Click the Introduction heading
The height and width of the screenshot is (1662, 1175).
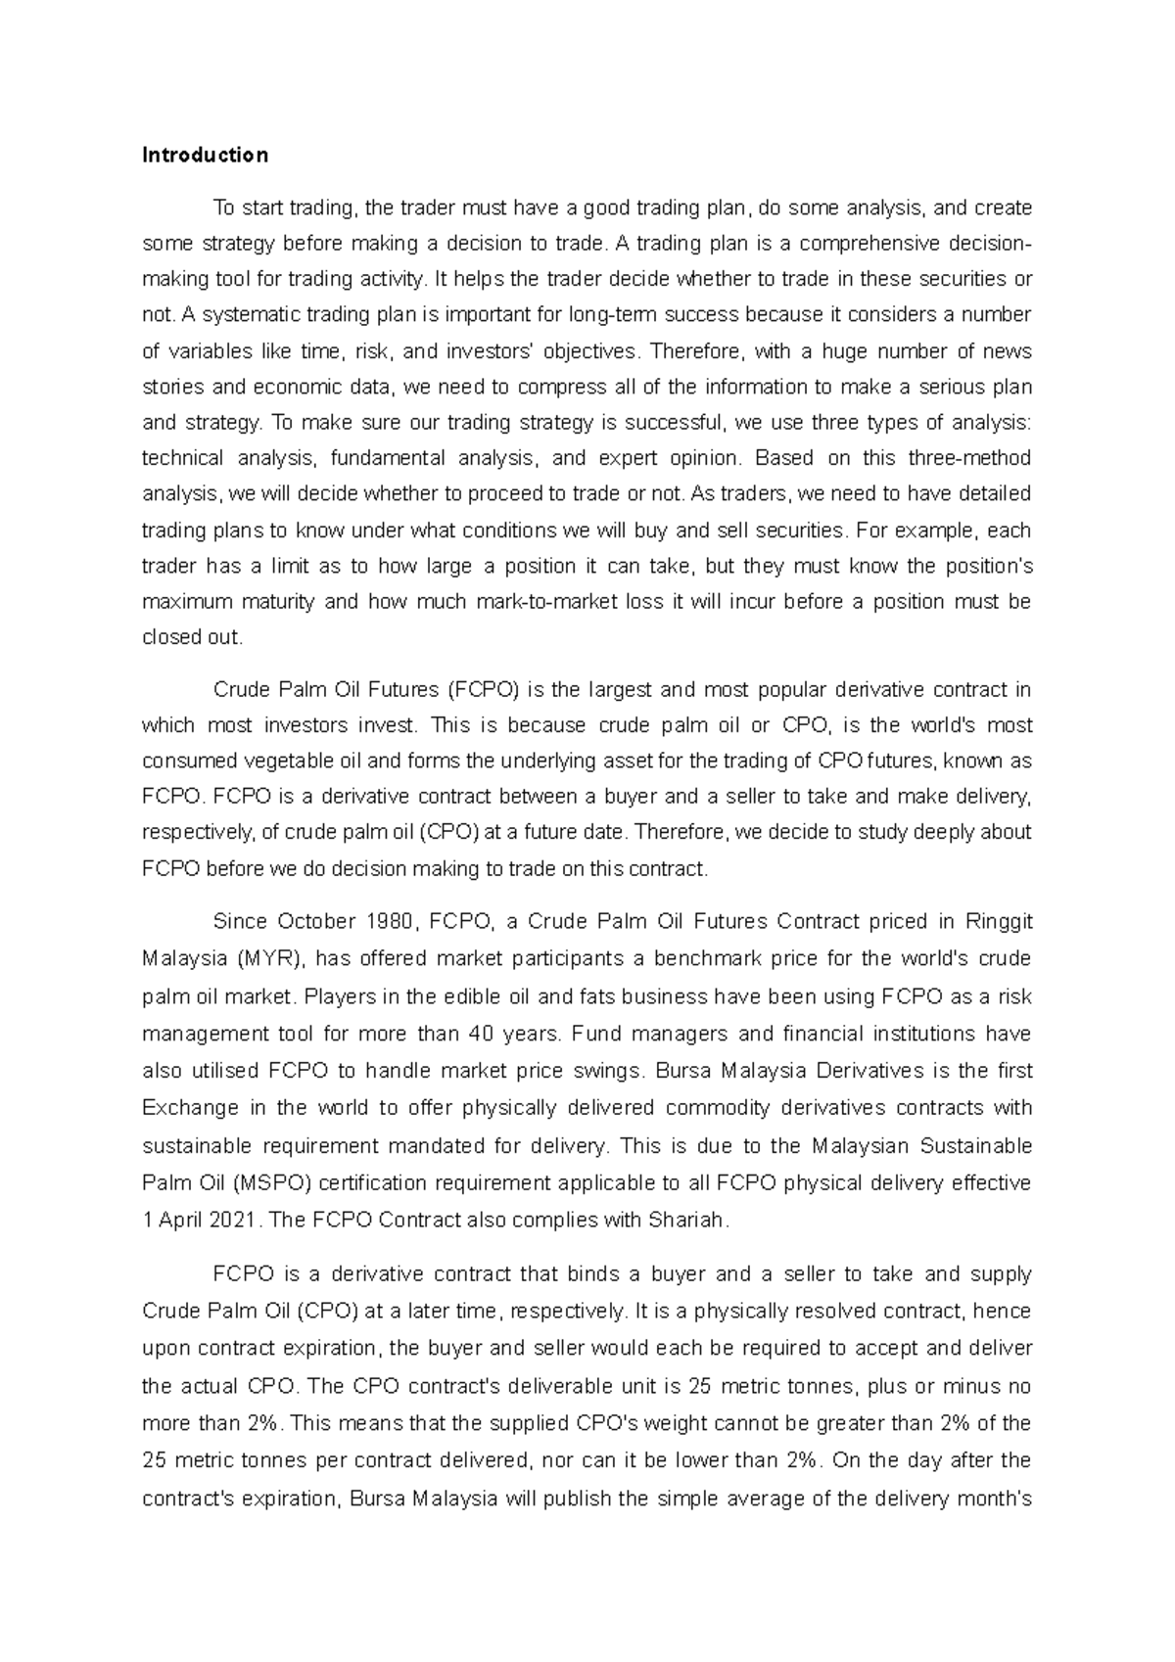(x=205, y=155)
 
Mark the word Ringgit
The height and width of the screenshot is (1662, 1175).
(x=999, y=922)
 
